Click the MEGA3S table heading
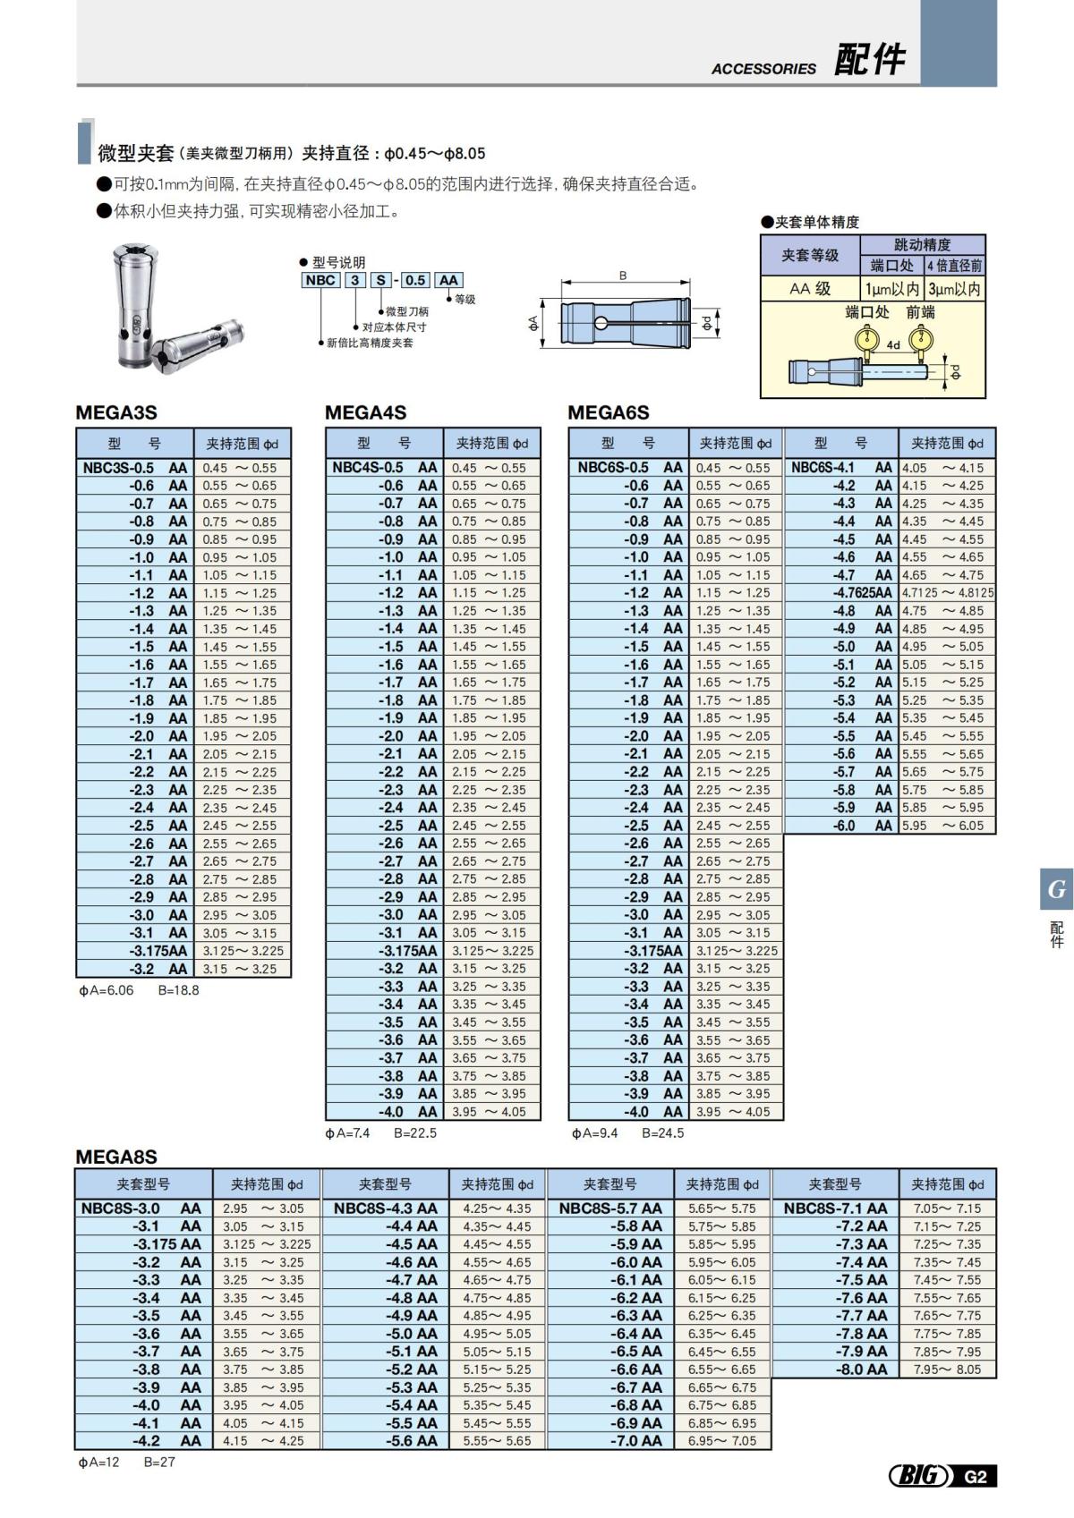(x=116, y=412)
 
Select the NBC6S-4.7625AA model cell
(x=842, y=593)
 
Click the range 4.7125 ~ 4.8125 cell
(x=947, y=593)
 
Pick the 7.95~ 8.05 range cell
(x=947, y=1370)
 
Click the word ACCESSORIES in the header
(x=763, y=69)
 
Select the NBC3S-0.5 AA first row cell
(x=135, y=468)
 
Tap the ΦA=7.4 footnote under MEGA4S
(x=347, y=1133)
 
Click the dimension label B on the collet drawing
(x=623, y=276)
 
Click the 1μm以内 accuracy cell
(x=891, y=289)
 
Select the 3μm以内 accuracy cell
(x=954, y=289)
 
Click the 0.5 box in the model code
(x=414, y=280)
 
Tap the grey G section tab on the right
(x=1056, y=889)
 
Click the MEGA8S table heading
(x=116, y=1157)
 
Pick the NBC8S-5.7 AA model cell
(x=610, y=1208)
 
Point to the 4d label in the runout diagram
(x=893, y=344)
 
